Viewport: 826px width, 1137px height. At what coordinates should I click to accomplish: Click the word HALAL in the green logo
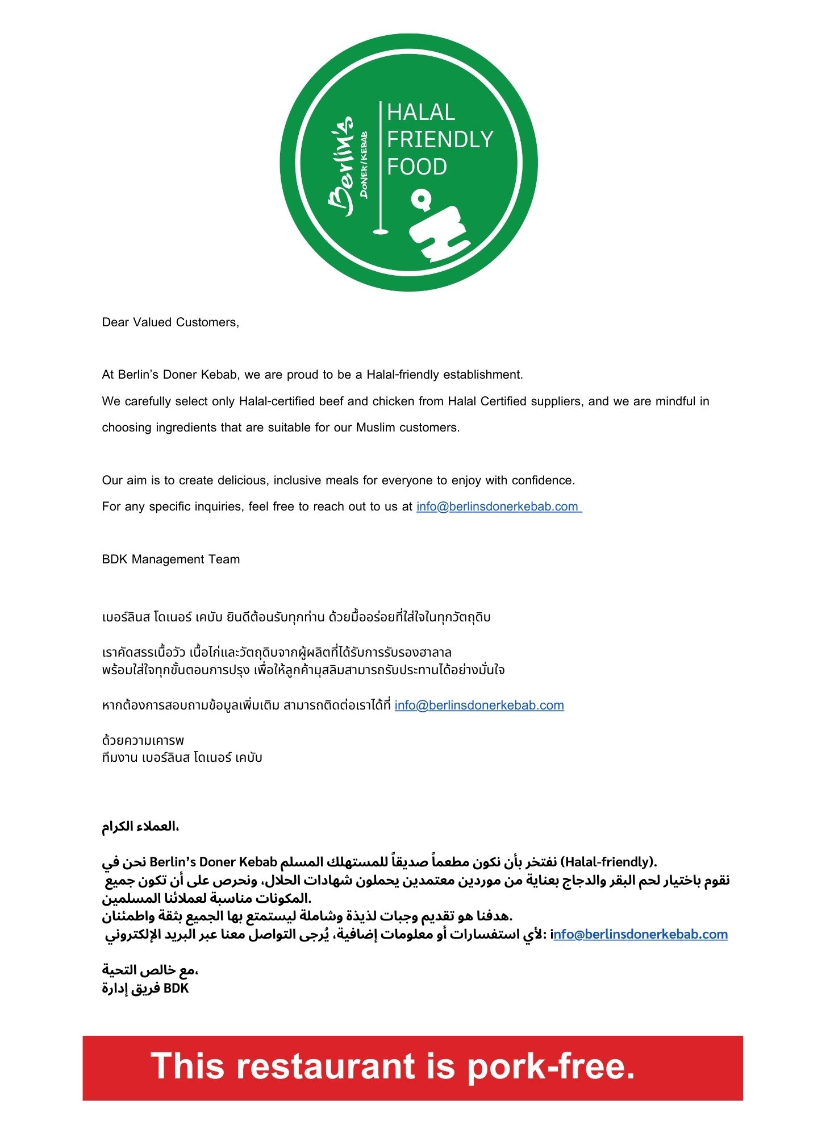(x=421, y=113)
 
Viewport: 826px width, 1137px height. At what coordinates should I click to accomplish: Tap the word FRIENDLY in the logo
(x=440, y=139)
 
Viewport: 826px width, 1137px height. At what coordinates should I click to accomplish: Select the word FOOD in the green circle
(x=417, y=167)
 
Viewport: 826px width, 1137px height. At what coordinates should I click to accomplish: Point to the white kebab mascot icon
(x=437, y=227)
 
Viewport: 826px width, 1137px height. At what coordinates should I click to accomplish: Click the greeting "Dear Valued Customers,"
(x=170, y=322)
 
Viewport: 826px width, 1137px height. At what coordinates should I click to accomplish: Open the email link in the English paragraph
(x=497, y=507)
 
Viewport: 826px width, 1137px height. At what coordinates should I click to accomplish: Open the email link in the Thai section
(x=479, y=706)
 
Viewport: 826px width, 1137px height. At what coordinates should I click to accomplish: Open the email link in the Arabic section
(x=641, y=934)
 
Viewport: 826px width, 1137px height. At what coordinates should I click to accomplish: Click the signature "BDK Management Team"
(x=170, y=559)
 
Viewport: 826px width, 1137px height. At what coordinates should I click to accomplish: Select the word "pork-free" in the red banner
(x=550, y=1066)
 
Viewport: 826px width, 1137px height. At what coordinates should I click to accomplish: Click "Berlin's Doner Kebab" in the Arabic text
(x=213, y=862)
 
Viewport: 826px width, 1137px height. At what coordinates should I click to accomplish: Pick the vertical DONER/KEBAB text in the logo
(x=364, y=165)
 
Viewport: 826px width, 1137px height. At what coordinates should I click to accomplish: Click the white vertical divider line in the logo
(x=379, y=165)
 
